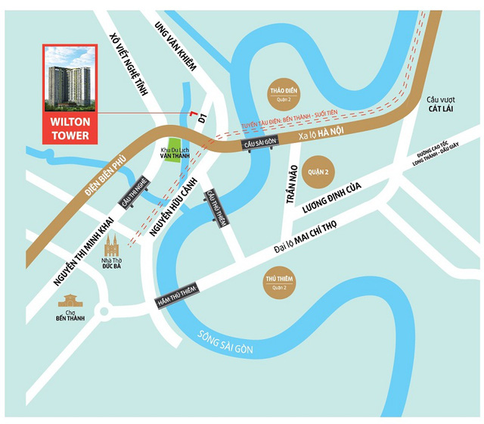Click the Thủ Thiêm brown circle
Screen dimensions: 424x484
point(275,281)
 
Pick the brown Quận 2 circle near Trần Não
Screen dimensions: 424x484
point(317,171)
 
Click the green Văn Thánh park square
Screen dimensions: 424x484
point(175,149)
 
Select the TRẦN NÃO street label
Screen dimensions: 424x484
point(289,182)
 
